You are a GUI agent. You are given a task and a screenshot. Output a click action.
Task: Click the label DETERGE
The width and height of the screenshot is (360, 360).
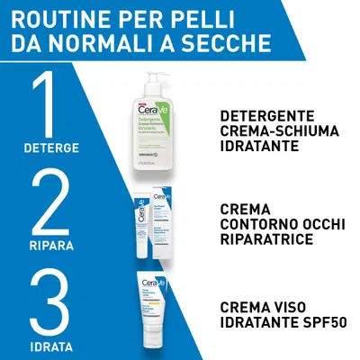pos(51,147)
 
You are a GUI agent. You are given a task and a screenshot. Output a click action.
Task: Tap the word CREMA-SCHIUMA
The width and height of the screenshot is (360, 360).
pos(279,131)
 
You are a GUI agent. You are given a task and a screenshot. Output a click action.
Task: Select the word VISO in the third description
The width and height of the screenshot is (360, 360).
pos(288,307)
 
